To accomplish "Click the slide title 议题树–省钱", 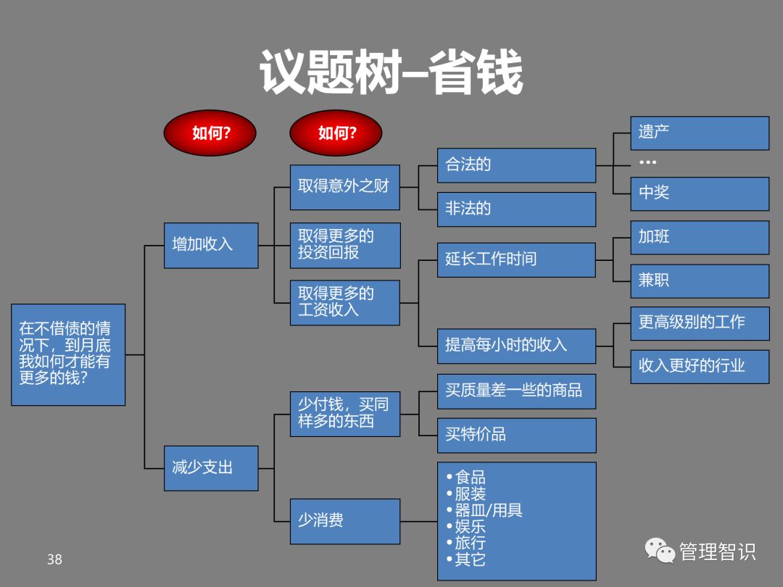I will tap(391, 72).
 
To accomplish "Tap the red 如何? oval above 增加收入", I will tap(210, 133).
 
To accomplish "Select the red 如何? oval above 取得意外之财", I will tap(336, 133).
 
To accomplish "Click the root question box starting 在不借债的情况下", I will tap(68, 354).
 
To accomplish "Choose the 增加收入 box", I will tap(211, 245).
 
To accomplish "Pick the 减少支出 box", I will tap(211, 467).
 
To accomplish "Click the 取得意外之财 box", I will tap(344, 186).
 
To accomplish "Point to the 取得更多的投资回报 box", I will tap(344, 245).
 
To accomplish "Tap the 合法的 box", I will tap(516, 165).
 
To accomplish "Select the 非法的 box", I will tap(516, 209).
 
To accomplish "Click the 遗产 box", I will tap(699, 133).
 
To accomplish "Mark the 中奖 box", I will tap(699, 193).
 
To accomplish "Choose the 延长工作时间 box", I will tap(516, 259).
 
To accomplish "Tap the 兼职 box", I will tap(699, 280).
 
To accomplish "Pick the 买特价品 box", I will tap(516, 435).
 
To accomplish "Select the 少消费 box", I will tap(344, 521).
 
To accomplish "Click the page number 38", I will tap(54, 559).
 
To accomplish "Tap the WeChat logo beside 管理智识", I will tap(660, 551).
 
